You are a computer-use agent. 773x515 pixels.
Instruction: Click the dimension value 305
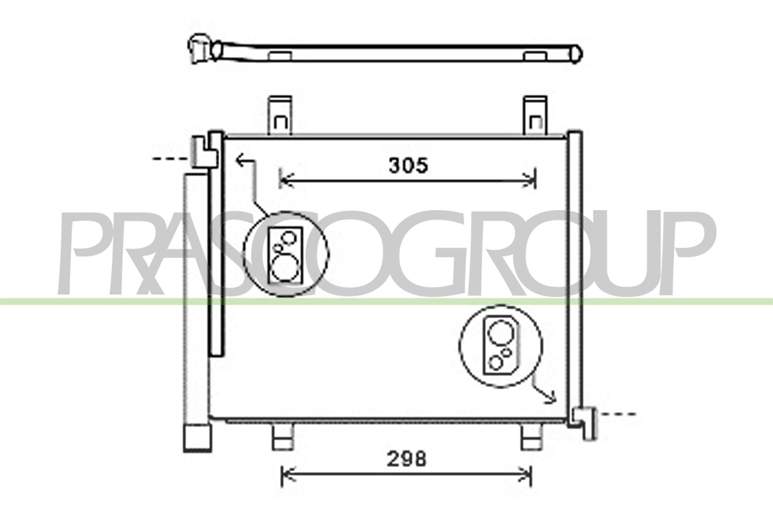pos(409,165)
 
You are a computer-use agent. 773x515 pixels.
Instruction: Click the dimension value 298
pos(407,459)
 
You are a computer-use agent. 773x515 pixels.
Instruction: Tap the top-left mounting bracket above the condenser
pos(280,115)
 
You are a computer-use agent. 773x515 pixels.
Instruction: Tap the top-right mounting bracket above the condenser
pos(535,115)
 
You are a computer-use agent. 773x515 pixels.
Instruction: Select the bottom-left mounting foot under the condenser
pos(283,437)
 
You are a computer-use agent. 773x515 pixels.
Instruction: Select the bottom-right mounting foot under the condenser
pos(531,437)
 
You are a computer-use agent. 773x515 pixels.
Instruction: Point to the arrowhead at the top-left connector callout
pos(241,160)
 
